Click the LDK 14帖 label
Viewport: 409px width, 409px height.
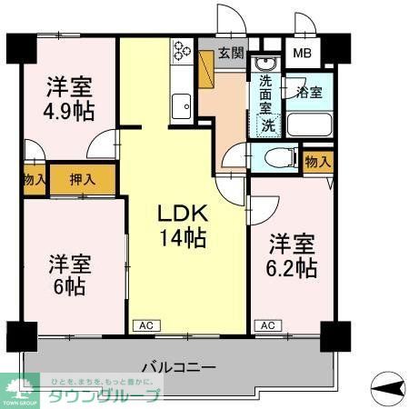point(184,226)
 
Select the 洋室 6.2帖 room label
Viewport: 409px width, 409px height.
point(292,257)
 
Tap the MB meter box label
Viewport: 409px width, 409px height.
point(300,53)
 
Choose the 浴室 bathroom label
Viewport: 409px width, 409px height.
point(310,91)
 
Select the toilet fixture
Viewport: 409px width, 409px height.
point(273,156)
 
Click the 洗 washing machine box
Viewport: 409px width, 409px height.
point(269,126)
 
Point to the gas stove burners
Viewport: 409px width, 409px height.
point(180,51)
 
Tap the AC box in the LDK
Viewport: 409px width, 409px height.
point(145,324)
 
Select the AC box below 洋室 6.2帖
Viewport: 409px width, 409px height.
point(267,324)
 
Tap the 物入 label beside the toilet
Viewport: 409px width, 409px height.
point(316,162)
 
